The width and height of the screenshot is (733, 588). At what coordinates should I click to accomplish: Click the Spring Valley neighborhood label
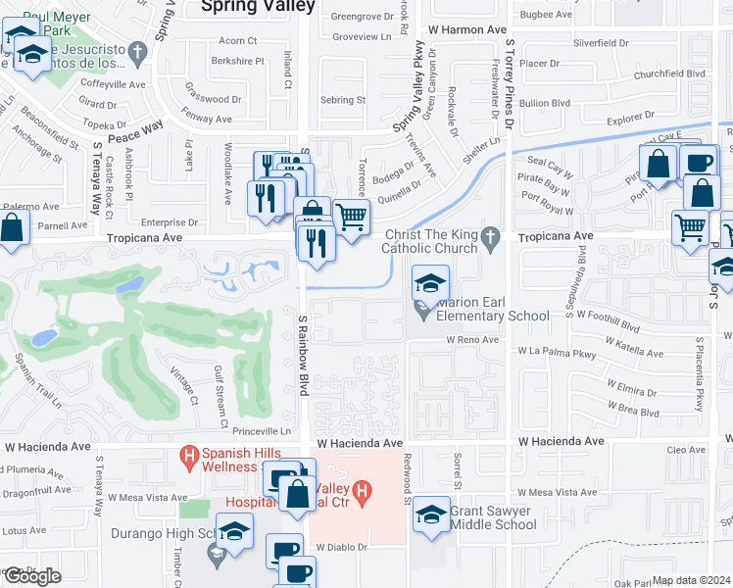click(x=258, y=7)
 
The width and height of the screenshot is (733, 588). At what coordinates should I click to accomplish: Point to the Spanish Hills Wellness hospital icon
click(x=186, y=456)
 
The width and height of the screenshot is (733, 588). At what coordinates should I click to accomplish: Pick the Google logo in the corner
click(x=32, y=576)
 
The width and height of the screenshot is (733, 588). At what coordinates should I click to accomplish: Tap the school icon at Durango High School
click(x=234, y=531)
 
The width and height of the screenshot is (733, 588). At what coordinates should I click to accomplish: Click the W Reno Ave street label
click(x=473, y=339)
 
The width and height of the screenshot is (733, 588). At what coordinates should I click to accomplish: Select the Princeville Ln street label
click(x=258, y=431)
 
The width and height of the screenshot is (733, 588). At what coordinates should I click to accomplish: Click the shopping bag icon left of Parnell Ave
click(x=11, y=231)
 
